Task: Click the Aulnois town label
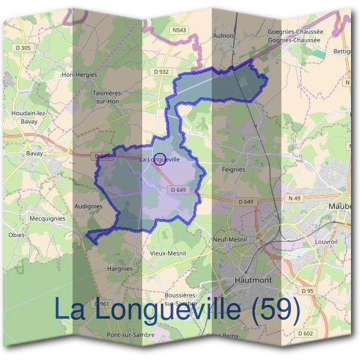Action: [x=223, y=36]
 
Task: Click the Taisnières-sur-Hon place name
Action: [x=107, y=97]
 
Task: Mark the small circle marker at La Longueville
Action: [x=160, y=158]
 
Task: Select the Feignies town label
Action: [x=233, y=169]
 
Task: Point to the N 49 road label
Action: [x=294, y=198]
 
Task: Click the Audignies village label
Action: [x=88, y=206]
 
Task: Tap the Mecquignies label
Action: [x=47, y=220]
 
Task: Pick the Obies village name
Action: [x=16, y=235]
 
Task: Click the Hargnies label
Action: [x=118, y=269]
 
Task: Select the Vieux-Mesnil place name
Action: [x=167, y=253]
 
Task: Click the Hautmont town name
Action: [x=253, y=280]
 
